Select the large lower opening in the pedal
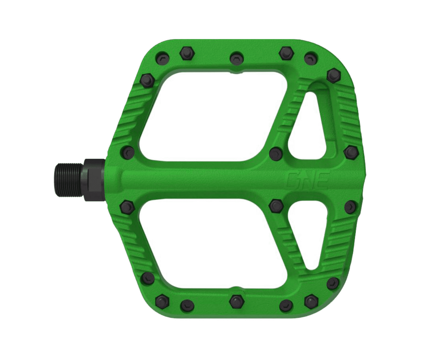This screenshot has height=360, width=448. point(210,246)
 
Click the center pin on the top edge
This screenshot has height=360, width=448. point(237,58)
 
